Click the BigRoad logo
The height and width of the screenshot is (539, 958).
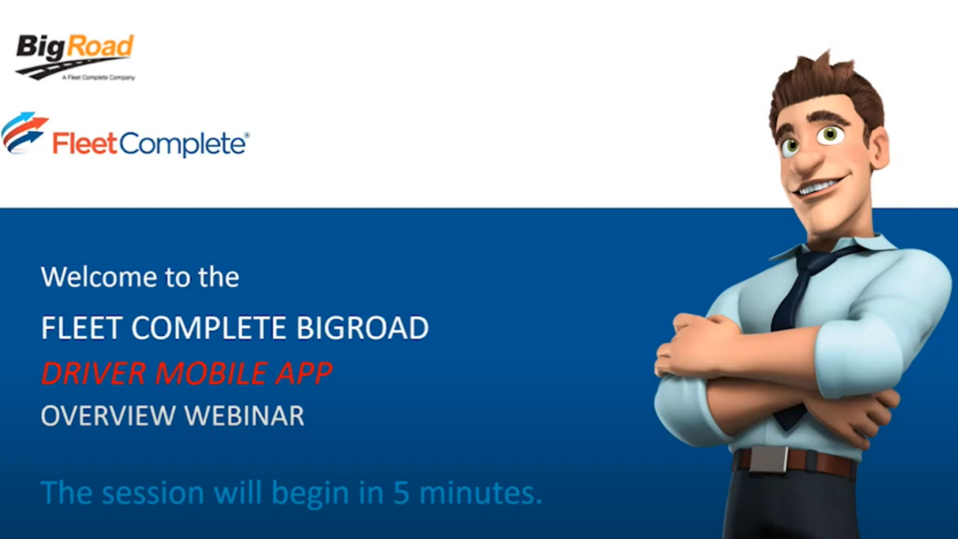pos(75,54)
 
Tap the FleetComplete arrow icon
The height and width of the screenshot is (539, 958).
pos(24,133)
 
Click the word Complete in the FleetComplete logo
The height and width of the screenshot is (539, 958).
pos(184,144)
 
